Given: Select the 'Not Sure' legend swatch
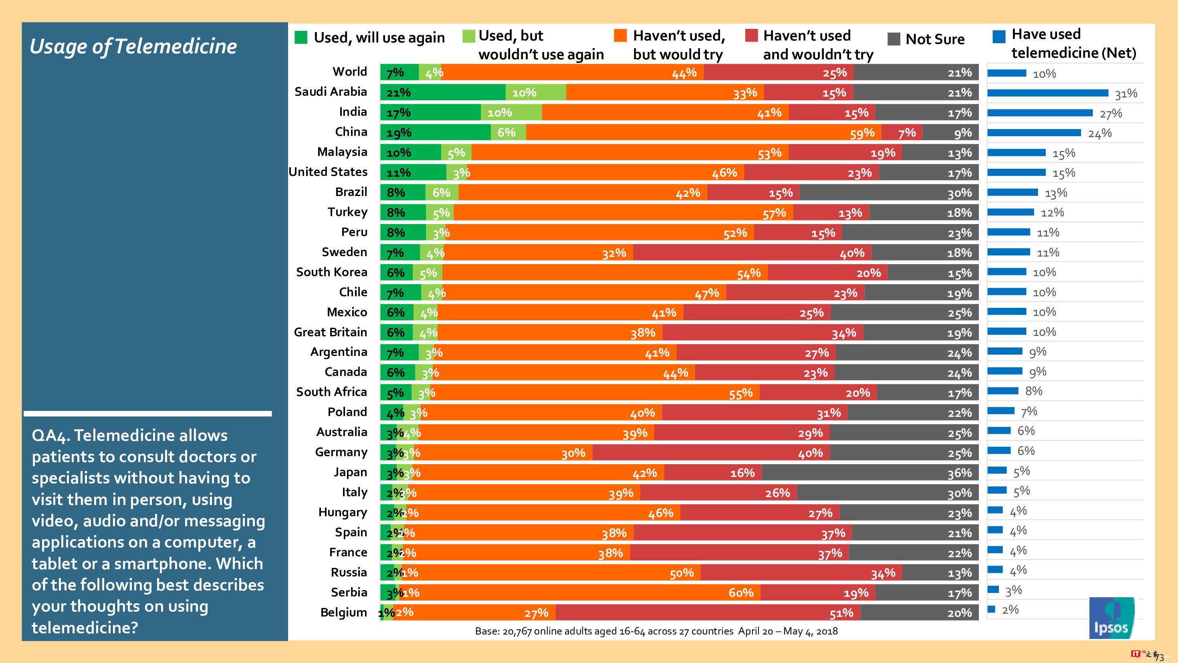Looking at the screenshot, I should pyautogui.click(x=894, y=39).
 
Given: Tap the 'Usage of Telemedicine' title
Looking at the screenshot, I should pyautogui.click(x=133, y=46).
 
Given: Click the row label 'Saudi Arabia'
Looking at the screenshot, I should pyautogui.click(x=331, y=92).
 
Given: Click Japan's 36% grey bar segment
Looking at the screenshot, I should pyautogui.click(x=870, y=473).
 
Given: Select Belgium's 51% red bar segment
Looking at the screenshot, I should pyautogui.click(x=708, y=612).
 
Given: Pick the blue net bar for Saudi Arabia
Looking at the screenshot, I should pyautogui.click(x=1047, y=93).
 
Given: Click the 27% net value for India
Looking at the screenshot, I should pyautogui.click(x=1110, y=113).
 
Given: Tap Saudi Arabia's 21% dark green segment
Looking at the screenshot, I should pyautogui.click(x=443, y=93).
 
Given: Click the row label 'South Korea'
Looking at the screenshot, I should pyautogui.click(x=331, y=272).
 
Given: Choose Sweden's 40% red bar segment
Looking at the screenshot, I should pyautogui.click(x=752, y=253).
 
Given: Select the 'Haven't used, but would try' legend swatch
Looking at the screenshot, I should pyautogui.click(x=620, y=36).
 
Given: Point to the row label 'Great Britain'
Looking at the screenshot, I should pyautogui.click(x=330, y=332).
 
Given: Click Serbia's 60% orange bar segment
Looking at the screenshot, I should pyautogui.click(x=579, y=592).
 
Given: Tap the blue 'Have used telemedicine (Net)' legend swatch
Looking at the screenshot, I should pyautogui.click(x=999, y=36).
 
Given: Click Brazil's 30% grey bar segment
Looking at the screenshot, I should pyautogui.click(x=889, y=193).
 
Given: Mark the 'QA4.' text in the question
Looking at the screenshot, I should pyautogui.click(x=50, y=436).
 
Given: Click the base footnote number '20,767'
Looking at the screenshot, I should pyautogui.click(x=517, y=631).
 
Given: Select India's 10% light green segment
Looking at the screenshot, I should pyautogui.click(x=511, y=113).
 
